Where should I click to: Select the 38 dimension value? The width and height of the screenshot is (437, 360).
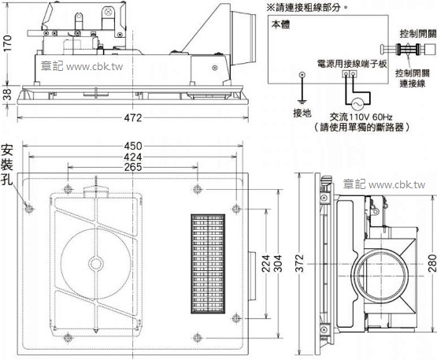click(7, 93)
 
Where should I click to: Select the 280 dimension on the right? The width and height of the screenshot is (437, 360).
click(431, 264)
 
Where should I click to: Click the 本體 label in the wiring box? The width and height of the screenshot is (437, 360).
click(280, 24)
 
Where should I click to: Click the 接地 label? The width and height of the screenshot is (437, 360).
click(302, 113)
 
